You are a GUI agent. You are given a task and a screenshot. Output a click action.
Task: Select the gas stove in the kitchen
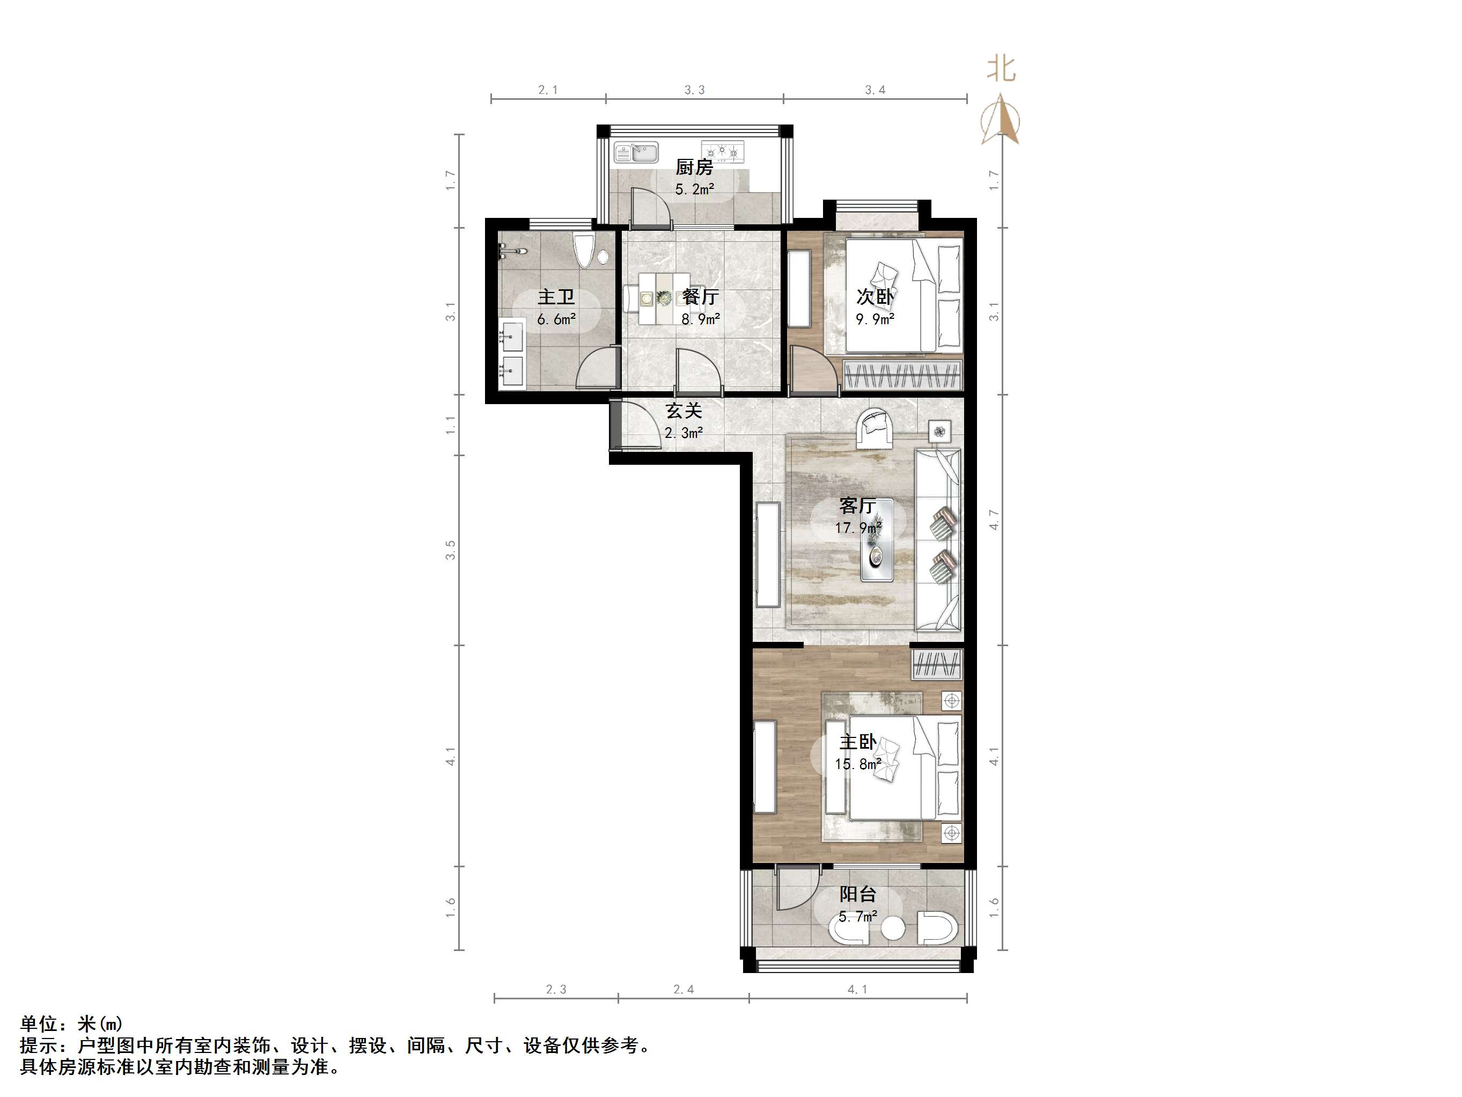(722, 152)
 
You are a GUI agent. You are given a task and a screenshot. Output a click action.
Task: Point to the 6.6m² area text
(556, 319)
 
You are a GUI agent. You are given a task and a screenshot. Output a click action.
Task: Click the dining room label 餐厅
(700, 296)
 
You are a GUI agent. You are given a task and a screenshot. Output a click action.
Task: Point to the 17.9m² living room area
(858, 528)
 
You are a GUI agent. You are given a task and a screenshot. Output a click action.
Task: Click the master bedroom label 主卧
(858, 742)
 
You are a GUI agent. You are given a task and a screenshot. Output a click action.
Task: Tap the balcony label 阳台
(858, 894)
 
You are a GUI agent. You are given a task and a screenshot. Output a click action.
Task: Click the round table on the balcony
(893, 929)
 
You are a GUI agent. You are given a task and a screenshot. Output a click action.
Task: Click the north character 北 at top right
(1001, 69)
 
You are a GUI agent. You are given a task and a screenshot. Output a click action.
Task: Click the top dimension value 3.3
(694, 90)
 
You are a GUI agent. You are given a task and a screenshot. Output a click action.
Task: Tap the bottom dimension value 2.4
(684, 989)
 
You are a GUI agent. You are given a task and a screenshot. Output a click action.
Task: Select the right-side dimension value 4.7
(994, 519)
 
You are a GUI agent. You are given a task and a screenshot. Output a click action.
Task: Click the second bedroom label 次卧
(875, 296)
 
